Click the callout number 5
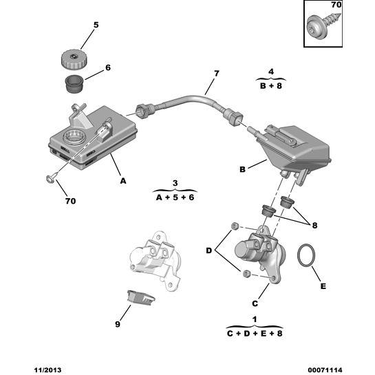(96, 25)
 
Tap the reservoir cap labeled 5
(72, 57)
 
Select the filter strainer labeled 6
(72, 86)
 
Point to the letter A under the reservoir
(123, 182)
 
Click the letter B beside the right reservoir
(243, 167)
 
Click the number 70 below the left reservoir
(71, 202)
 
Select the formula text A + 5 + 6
(175, 197)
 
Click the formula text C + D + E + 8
(254, 333)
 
